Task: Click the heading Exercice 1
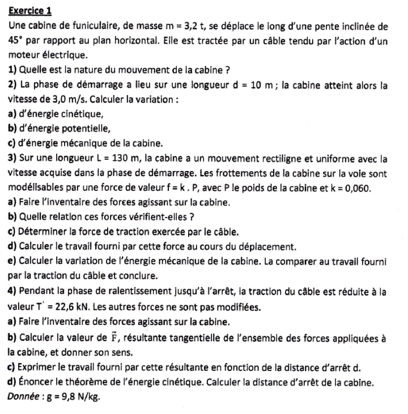click(30, 11)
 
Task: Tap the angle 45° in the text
click(18, 41)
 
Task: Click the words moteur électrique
click(48, 56)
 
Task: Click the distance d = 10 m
click(253, 85)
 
